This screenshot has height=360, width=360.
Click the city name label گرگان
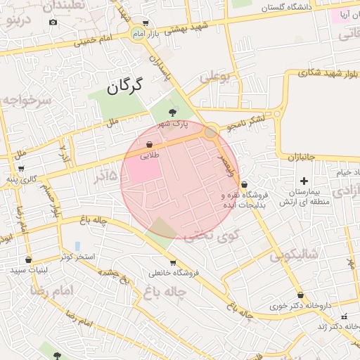tap(124, 87)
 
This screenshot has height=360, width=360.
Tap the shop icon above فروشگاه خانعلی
tap(153, 262)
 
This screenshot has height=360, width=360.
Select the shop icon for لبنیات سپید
tap(28, 259)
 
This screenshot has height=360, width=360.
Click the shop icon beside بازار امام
tap(145, 23)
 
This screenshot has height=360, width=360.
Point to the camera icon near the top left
tap(53, 22)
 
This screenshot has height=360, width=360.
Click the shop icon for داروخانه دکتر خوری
tap(301, 295)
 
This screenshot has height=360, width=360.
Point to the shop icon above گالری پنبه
tap(21, 169)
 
